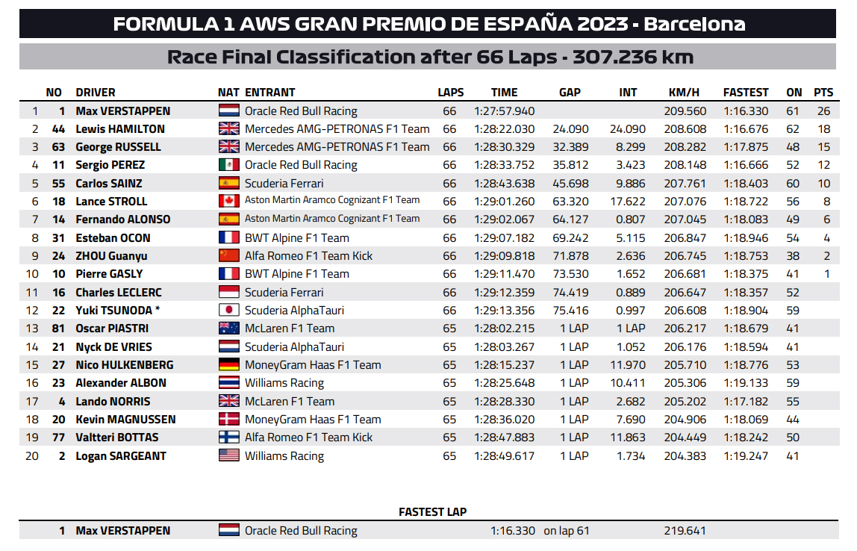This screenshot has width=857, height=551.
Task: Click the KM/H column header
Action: tap(684, 93)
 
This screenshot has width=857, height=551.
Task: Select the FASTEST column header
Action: tap(746, 93)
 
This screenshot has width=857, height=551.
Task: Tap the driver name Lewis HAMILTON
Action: tap(120, 129)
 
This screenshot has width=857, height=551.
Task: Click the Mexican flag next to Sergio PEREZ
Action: tap(229, 164)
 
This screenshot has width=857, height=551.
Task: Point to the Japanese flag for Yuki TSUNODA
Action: tap(229, 310)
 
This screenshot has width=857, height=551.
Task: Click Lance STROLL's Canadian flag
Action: tap(229, 201)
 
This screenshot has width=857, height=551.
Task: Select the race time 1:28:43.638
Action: tap(505, 183)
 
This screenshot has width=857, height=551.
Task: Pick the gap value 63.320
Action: tap(570, 201)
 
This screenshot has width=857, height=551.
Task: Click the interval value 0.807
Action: tap(630, 220)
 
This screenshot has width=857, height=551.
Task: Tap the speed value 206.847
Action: tap(685, 237)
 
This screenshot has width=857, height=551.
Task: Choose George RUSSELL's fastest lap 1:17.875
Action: tap(746, 146)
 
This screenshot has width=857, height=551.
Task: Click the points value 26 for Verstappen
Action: tap(823, 111)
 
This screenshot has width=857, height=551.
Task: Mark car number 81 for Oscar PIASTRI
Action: tap(58, 329)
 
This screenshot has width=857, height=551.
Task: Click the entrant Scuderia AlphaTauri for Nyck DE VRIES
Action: tap(295, 346)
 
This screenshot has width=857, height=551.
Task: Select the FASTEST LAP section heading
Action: tap(432, 512)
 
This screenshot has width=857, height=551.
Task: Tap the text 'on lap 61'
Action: tap(566, 531)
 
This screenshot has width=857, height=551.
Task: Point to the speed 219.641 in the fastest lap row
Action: tap(685, 531)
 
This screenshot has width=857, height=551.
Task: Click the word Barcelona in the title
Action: tap(694, 24)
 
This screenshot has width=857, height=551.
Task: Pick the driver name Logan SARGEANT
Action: tap(121, 456)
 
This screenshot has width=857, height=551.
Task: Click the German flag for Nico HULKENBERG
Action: tap(229, 364)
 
